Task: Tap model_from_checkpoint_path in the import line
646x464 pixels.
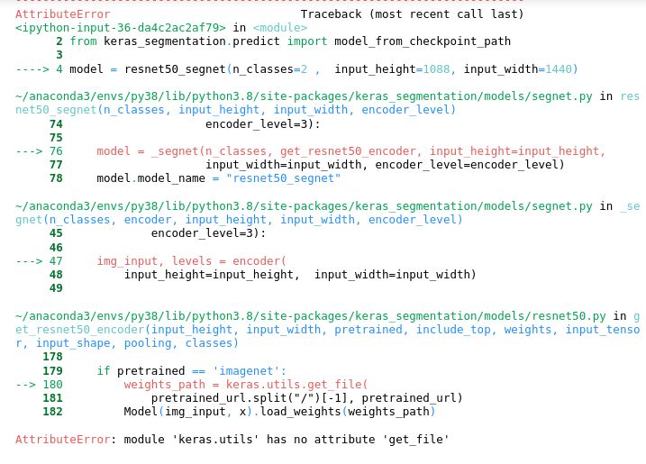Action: coord(422,41)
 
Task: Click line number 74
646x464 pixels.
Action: coord(56,124)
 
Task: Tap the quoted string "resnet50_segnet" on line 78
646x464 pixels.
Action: coord(283,178)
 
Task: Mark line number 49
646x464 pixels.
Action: coord(56,288)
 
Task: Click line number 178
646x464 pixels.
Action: coord(52,357)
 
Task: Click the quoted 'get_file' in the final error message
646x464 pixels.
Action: coord(418,440)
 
